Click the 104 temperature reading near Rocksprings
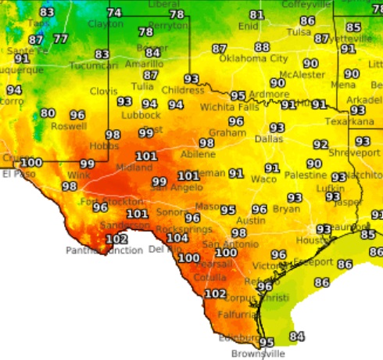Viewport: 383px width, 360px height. pyautogui.click(x=177, y=238)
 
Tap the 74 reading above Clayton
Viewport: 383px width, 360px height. pyautogui.click(x=115, y=13)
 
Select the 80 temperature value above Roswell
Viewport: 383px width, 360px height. pyautogui.click(x=48, y=113)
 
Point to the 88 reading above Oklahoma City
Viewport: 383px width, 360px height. pyautogui.click(x=262, y=47)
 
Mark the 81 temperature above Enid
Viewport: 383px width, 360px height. pyautogui.click(x=257, y=15)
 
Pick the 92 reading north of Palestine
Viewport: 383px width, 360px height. pyautogui.click(x=320, y=145)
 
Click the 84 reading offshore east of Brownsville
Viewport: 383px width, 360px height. pyautogui.click(x=296, y=337)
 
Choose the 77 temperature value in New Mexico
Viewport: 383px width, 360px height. pyautogui.click(x=60, y=39)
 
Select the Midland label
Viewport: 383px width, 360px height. pyautogui.click(x=129, y=167)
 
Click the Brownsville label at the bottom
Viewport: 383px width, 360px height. pyautogui.click(x=260, y=354)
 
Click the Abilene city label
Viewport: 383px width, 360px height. pyautogui.click(x=198, y=154)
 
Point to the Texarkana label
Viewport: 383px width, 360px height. pyautogui.click(x=347, y=122)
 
